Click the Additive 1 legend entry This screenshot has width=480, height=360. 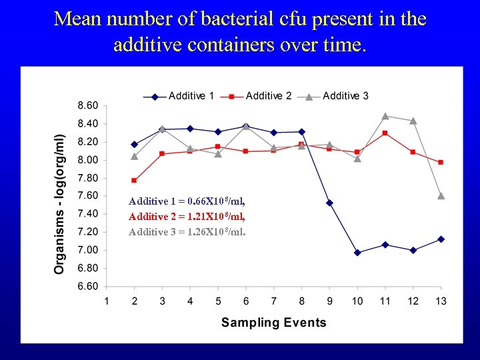179,96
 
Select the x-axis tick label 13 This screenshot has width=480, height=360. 441,301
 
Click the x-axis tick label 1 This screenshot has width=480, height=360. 107,301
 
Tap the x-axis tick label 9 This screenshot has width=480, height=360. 329,301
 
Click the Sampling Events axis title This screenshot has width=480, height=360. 273,323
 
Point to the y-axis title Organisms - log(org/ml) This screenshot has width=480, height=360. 59,202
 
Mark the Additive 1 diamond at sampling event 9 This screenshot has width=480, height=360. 329,203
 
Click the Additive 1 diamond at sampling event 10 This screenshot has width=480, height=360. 357,253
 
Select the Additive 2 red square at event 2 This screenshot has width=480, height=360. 135,181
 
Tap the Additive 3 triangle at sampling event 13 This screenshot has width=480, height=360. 441,196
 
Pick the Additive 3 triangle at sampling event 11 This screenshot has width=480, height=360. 385,116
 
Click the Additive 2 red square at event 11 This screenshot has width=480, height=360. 385,133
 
